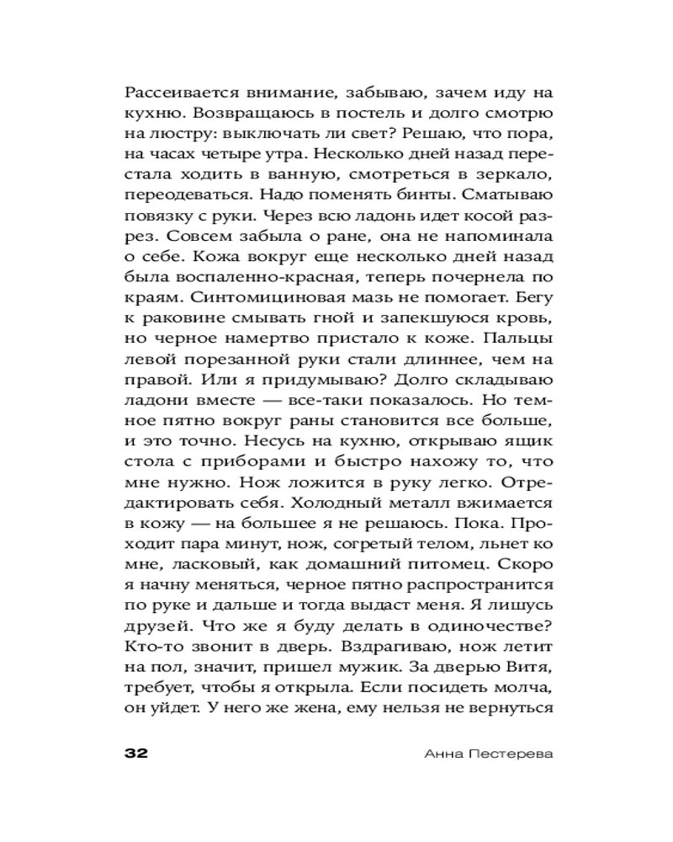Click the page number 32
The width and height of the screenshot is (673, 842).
coord(135,753)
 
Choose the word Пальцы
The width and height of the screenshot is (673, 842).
coord(520,340)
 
